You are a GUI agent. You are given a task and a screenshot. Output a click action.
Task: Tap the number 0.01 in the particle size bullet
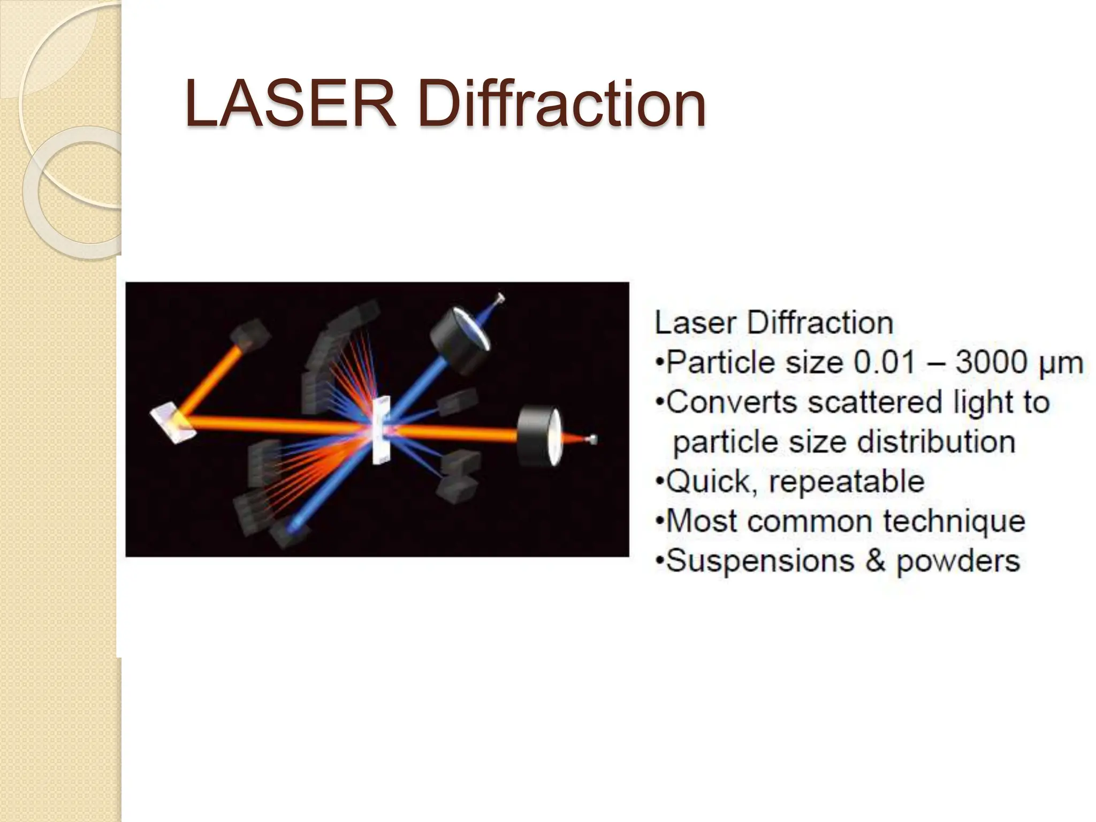[x=885, y=362]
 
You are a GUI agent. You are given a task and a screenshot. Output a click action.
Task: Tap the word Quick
[x=711, y=482]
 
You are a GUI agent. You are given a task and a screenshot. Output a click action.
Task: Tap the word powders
[x=958, y=561]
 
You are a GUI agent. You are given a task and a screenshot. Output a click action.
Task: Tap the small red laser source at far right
[x=592, y=440]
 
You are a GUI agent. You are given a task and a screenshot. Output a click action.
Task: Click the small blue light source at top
[x=500, y=299]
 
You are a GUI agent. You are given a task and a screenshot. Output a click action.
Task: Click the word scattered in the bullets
[x=874, y=402]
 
